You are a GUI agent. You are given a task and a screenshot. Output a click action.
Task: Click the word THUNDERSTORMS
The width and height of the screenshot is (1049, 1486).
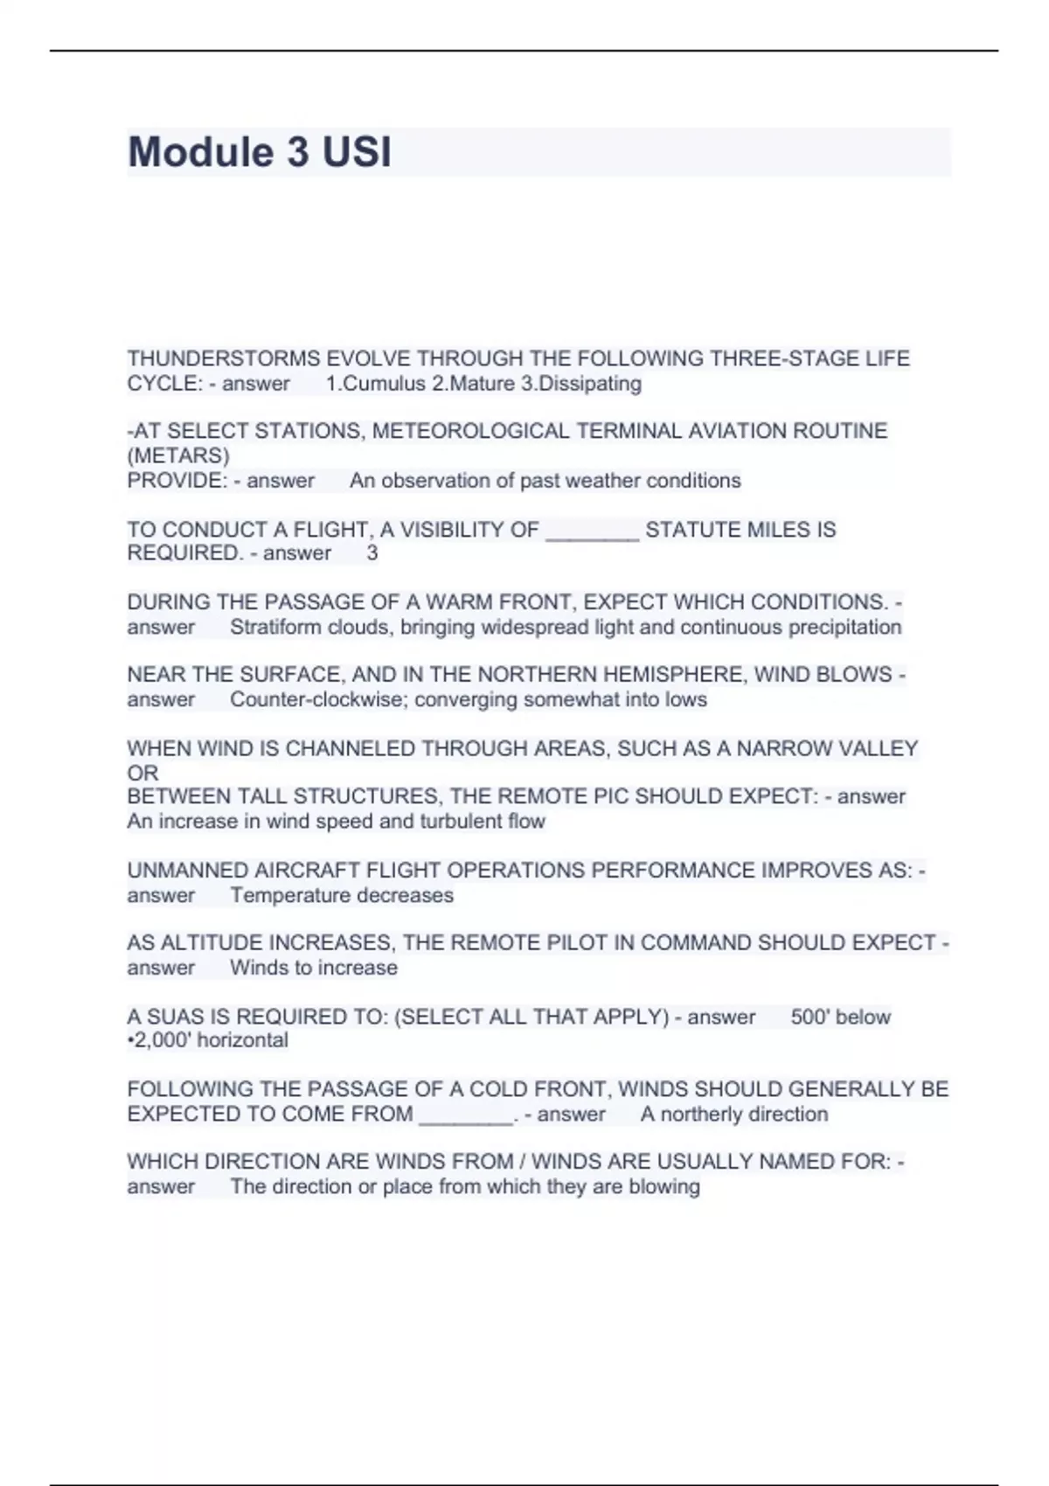coord(224,358)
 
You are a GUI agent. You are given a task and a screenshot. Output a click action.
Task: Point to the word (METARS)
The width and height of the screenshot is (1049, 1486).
coord(178,455)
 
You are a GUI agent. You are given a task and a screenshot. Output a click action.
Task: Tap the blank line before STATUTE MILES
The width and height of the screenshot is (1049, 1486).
coord(592,531)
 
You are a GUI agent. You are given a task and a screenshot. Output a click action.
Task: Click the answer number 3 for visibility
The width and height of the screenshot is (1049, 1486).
coord(372,553)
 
